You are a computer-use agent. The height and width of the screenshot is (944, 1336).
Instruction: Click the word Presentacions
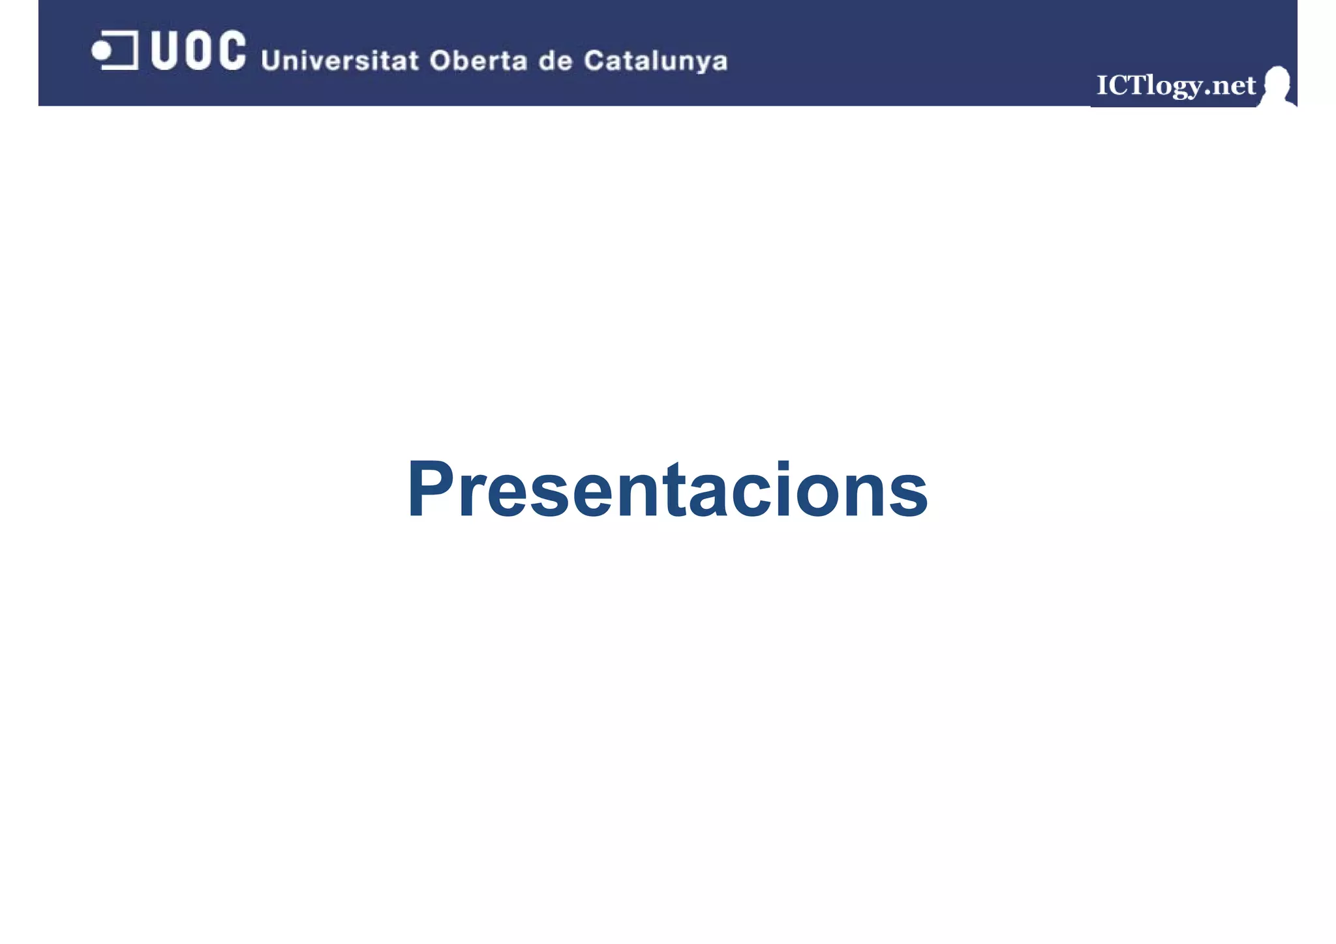click(667, 490)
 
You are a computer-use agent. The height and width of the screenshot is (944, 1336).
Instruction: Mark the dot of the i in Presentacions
click(783, 464)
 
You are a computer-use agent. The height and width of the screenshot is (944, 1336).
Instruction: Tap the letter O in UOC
click(198, 50)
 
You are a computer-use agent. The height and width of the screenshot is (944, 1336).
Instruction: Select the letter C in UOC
click(231, 50)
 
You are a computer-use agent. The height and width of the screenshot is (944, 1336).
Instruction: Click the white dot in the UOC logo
click(101, 50)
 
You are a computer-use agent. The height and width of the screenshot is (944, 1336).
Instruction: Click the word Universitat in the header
click(339, 61)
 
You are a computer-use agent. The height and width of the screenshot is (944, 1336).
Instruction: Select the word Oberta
click(478, 61)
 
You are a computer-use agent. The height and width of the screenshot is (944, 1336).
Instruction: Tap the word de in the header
click(555, 61)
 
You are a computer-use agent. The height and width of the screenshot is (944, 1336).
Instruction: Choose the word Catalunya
click(655, 61)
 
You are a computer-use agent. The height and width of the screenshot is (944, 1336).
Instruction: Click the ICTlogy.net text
click(1176, 85)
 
